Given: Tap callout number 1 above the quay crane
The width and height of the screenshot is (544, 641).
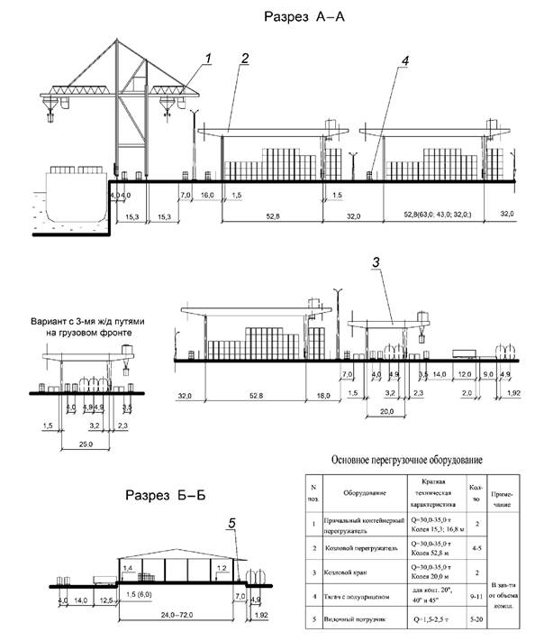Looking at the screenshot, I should pyautogui.click(x=208, y=59).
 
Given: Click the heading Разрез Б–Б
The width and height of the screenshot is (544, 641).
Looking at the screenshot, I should pyautogui.click(x=163, y=496).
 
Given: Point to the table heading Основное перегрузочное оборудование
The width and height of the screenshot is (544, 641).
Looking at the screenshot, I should pyautogui.click(x=408, y=460).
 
